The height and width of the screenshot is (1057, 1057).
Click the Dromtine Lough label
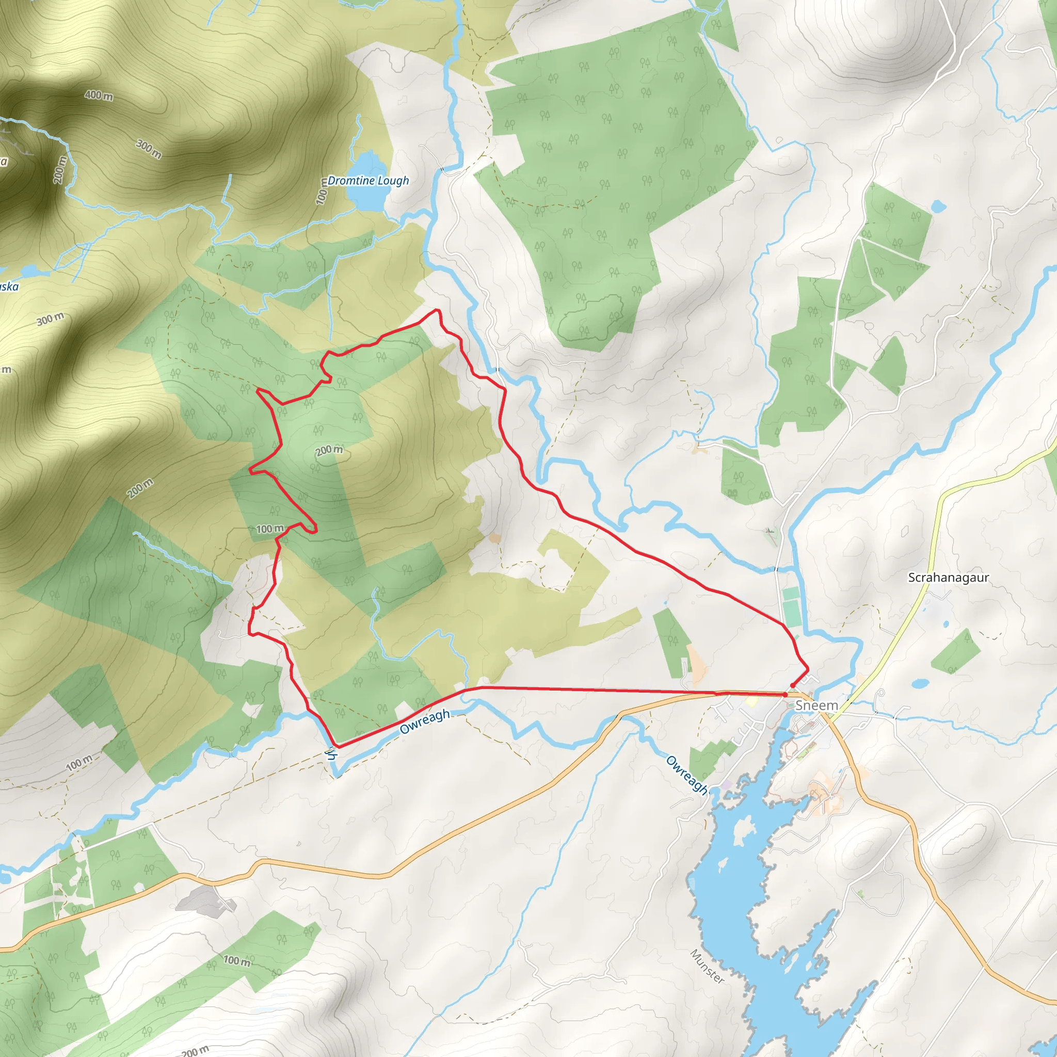[367, 181]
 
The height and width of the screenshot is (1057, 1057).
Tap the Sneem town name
[816, 705]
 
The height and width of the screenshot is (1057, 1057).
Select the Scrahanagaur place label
[948, 577]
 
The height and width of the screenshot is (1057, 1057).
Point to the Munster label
[708, 966]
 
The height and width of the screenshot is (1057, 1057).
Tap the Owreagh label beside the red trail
[425, 721]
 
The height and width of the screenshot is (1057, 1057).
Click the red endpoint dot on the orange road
[785, 694]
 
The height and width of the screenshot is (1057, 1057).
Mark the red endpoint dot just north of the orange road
[793, 685]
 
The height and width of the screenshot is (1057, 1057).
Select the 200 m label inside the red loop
[329, 450]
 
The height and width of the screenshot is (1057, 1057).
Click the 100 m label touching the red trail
[270, 528]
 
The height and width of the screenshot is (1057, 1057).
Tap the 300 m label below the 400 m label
[149, 149]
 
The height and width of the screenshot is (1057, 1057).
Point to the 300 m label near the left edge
[51, 319]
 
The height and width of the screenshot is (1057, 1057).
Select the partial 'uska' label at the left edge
[9, 286]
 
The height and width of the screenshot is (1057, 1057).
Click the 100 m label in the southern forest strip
[237, 960]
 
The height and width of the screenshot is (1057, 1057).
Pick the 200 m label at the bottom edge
[195, 1050]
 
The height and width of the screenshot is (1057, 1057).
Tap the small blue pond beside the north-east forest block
[938, 207]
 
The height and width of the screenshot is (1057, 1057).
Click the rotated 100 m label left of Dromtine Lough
[322, 191]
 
